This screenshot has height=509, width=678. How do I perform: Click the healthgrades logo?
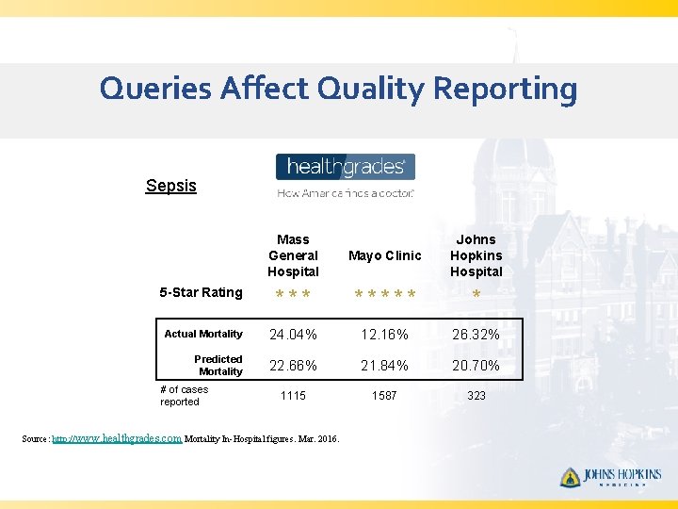pyautogui.click(x=345, y=168)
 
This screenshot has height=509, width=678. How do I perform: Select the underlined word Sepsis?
pyautogui.click(x=171, y=186)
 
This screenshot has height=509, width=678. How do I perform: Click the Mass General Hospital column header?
pyautogui.click(x=293, y=255)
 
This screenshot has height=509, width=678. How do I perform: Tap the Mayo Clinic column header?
pyautogui.click(x=384, y=255)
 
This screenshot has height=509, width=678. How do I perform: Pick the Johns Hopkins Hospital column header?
pyautogui.click(x=476, y=255)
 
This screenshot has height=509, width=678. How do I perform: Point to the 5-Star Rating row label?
pyautogui.click(x=201, y=292)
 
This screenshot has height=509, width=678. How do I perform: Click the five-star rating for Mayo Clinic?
pyautogui.click(x=384, y=296)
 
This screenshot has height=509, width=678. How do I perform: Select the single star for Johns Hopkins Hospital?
pyautogui.click(x=476, y=296)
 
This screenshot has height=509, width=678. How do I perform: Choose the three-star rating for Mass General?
pyautogui.click(x=293, y=296)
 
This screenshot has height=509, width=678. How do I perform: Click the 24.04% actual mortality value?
pyautogui.click(x=293, y=335)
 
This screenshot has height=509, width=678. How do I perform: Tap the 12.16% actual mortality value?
pyautogui.click(x=384, y=335)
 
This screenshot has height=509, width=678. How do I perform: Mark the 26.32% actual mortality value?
pyautogui.click(x=476, y=335)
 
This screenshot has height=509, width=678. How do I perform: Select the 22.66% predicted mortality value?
pyautogui.click(x=293, y=366)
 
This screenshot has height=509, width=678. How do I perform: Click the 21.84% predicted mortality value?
pyautogui.click(x=384, y=366)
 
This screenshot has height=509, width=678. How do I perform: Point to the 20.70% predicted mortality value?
pyautogui.click(x=476, y=366)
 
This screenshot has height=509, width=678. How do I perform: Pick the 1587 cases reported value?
pyautogui.click(x=384, y=396)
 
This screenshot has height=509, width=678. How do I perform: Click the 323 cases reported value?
pyautogui.click(x=476, y=396)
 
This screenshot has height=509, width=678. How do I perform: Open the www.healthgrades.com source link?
pyautogui.click(x=117, y=438)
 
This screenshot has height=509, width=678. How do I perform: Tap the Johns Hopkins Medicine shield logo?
pyautogui.click(x=570, y=477)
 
